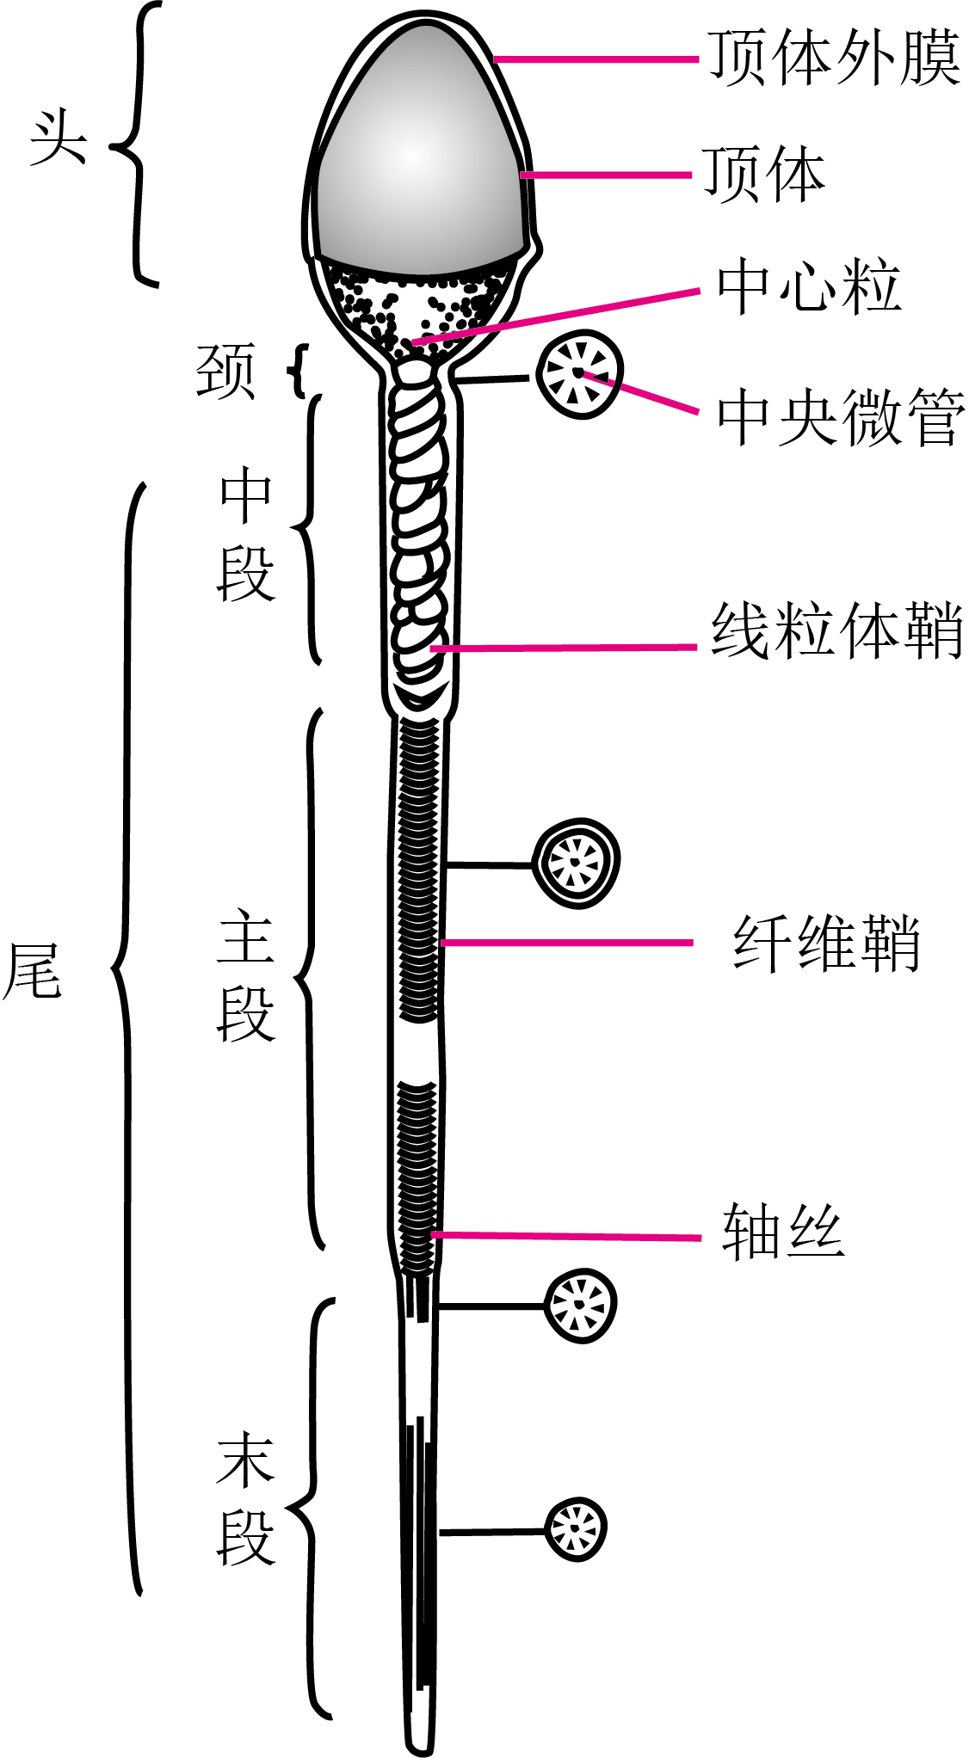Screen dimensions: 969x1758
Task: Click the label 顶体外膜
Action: tap(834, 58)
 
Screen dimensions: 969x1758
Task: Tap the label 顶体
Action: tap(764, 174)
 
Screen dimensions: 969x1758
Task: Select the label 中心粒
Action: tap(809, 286)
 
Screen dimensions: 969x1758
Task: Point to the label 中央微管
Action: tap(841, 417)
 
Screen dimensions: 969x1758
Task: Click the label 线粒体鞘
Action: tap(836, 630)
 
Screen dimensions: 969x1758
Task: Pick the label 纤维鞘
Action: tap(827, 944)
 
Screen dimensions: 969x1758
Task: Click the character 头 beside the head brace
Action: tap(59, 138)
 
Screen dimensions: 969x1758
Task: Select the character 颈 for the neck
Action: tap(226, 372)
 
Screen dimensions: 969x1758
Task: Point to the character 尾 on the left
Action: tap(33, 970)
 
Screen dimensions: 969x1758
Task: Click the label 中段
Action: tap(246, 535)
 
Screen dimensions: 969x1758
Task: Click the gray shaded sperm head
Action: tap(420, 151)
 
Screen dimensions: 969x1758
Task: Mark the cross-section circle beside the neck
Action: tap(579, 374)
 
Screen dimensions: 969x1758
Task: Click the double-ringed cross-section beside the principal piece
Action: tap(577, 863)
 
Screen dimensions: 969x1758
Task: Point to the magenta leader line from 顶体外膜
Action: tap(596, 59)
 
